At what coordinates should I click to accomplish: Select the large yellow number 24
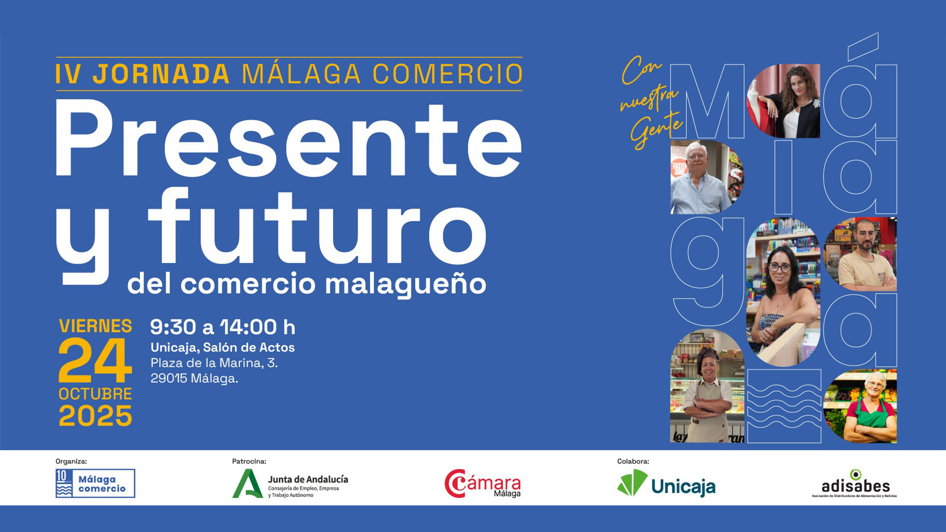pyautogui.click(x=95, y=361)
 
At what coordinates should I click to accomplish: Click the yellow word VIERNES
pyautogui.click(x=95, y=326)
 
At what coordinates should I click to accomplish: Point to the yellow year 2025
pyautogui.click(x=95, y=416)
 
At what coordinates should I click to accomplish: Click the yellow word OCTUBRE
pyautogui.click(x=95, y=394)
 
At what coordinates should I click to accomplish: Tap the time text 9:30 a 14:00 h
pyautogui.click(x=222, y=327)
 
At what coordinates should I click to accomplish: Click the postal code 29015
pyautogui.click(x=169, y=378)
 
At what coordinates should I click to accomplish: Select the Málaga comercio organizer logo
pyautogui.click(x=95, y=483)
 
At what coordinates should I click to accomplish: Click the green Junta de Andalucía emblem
pyautogui.click(x=247, y=484)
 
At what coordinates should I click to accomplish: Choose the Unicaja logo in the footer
pyautogui.click(x=666, y=484)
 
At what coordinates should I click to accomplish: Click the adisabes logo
pyautogui.click(x=855, y=484)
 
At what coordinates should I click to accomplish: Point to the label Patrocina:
pyautogui.click(x=249, y=462)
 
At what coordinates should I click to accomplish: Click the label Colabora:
pyautogui.click(x=633, y=462)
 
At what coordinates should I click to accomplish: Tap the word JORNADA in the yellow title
pyautogui.click(x=161, y=74)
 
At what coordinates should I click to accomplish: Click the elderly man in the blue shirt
pyautogui.click(x=700, y=180)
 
